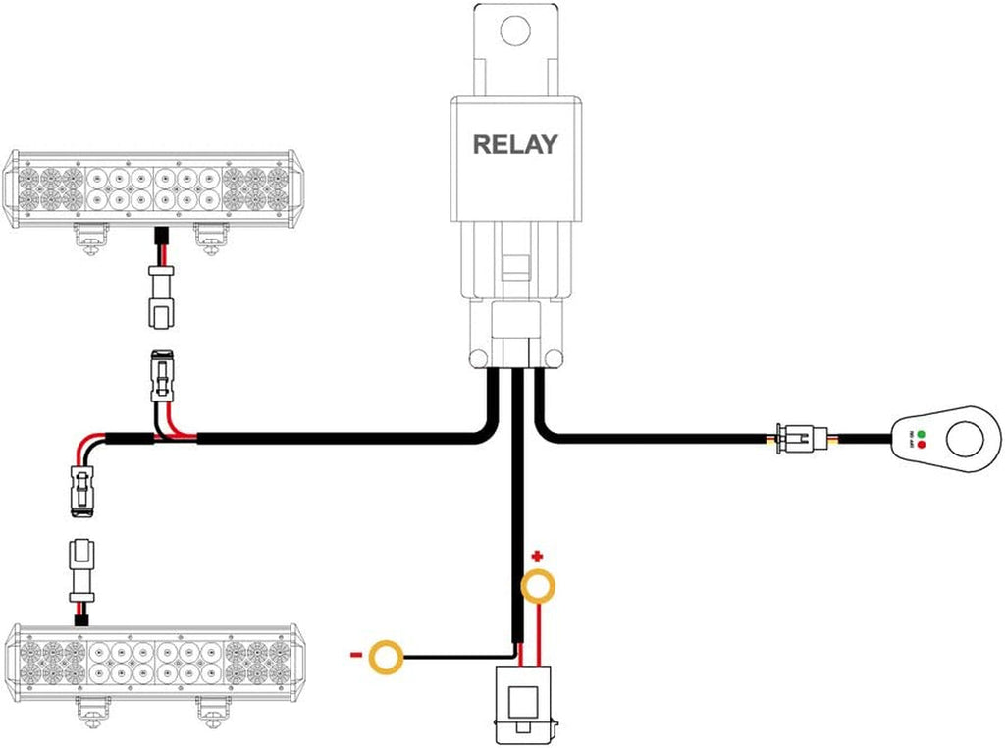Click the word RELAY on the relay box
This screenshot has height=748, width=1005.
[514, 144]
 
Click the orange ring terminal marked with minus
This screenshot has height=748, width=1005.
[385, 657]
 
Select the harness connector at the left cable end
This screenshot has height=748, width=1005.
[81, 489]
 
